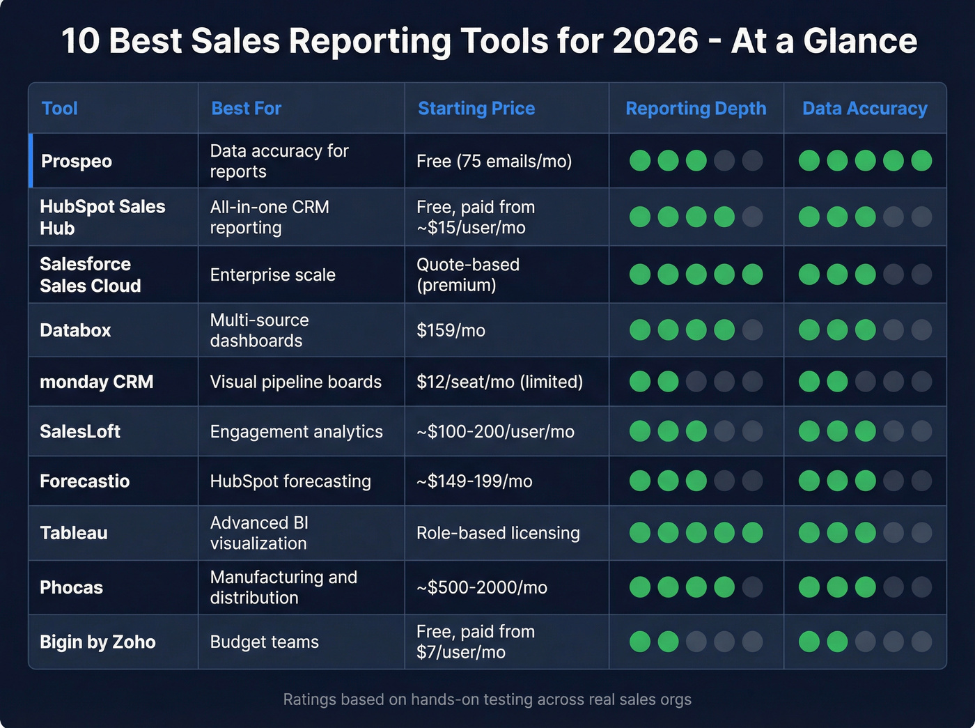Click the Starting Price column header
pos(476,109)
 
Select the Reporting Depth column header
pos(696,109)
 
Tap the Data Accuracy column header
pos(864,109)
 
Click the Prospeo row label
pos(77,161)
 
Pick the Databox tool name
pos(75,330)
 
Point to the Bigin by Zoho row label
pos(97,642)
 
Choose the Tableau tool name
pos(74,533)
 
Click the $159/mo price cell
pos(451,330)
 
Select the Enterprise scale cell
pos(272,275)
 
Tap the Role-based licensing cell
pos(498,533)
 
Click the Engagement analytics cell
pos(296,432)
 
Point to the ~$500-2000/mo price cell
pos(481,587)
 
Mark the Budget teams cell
pos(264,642)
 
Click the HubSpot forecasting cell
pos(290,481)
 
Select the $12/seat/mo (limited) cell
pos(499,382)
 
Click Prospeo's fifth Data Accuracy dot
pos(921,160)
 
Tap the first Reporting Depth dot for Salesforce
pos(640,274)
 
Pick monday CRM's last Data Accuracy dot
pos(921,382)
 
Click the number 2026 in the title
pos(655,40)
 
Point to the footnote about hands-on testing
pos(487,699)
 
